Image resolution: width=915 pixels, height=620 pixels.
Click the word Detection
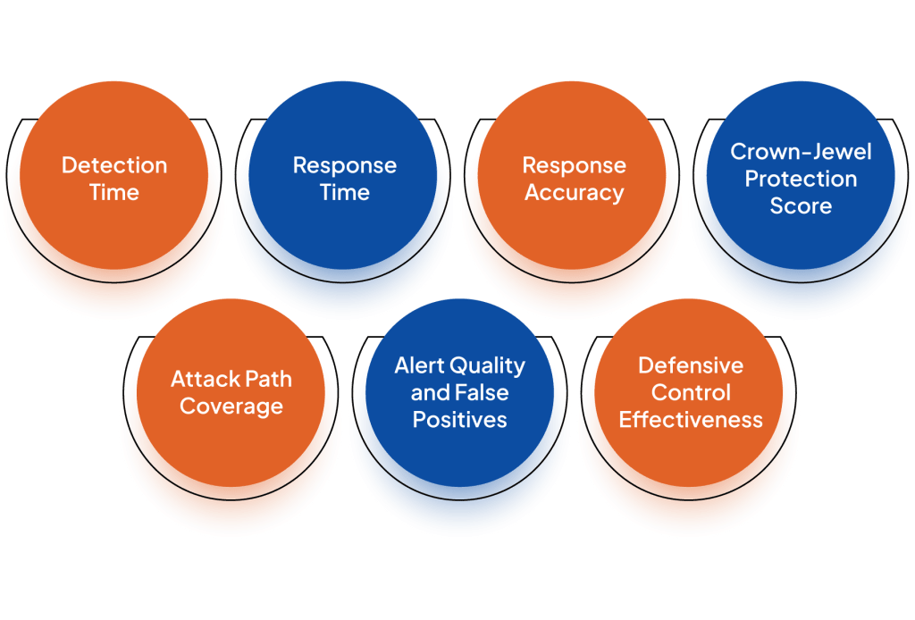(114, 165)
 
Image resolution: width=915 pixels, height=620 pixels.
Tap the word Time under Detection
(114, 192)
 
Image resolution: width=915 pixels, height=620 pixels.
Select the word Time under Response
(345, 192)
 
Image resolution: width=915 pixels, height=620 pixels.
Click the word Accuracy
(575, 193)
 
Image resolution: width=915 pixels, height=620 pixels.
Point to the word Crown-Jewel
(801, 152)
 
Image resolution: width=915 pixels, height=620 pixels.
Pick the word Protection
(801, 179)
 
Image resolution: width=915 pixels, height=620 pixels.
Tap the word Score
(801, 205)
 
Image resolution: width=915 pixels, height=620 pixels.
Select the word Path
(268, 379)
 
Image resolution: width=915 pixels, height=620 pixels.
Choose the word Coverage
(231, 406)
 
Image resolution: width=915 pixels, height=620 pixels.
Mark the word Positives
(460, 420)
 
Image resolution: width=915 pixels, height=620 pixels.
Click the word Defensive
(691, 365)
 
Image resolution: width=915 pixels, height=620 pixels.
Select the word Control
(691, 393)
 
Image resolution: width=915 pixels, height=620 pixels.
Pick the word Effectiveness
(691, 420)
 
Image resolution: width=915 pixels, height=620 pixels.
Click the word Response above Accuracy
(575, 165)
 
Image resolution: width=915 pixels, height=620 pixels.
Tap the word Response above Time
(345, 165)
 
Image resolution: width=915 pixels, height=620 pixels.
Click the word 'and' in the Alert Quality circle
(431, 393)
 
